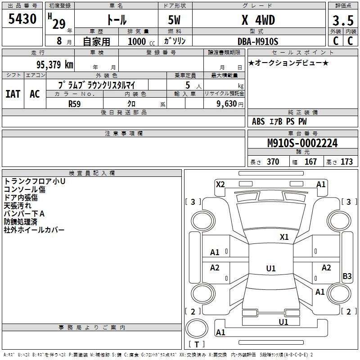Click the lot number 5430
click(x=22, y=19)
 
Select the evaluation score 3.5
click(x=342, y=21)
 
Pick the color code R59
click(x=75, y=103)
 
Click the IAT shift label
click(x=13, y=94)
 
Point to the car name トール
click(x=116, y=20)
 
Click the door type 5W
click(x=175, y=21)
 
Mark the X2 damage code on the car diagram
click(x=220, y=184)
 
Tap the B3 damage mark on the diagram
click(x=347, y=276)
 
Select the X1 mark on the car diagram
click(x=284, y=237)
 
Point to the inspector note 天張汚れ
click(x=18, y=206)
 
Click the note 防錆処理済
click(x=21, y=222)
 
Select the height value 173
click(x=346, y=162)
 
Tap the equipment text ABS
click(x=258, y=121)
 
